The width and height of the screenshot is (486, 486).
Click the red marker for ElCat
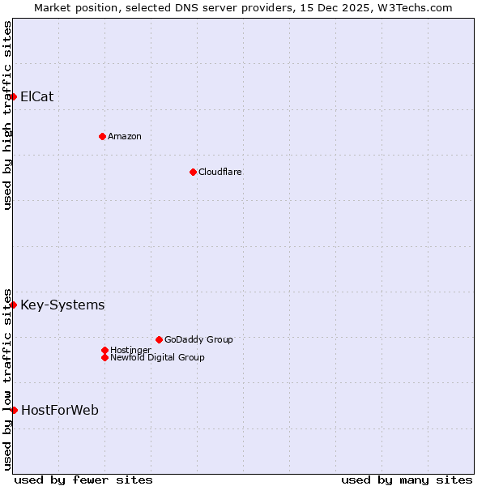13,97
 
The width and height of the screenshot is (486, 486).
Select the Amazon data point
102,136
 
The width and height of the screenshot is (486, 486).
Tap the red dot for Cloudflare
193,172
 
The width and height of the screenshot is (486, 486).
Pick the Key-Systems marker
13,305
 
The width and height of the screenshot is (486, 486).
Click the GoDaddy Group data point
159,339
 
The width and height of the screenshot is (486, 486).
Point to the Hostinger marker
104,350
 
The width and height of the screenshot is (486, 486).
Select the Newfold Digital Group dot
104,357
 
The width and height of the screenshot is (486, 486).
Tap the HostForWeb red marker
14,410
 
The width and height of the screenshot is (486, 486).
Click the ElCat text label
37,97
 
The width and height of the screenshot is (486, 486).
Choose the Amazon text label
125,136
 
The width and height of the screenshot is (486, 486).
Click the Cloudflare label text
220,172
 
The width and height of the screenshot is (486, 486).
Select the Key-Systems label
62,305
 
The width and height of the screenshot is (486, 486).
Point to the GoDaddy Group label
198,339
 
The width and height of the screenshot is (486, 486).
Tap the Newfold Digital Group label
157,357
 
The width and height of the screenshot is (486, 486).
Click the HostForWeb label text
60,411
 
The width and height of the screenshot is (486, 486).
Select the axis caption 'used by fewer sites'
83,480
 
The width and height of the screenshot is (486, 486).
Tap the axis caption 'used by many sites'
407,480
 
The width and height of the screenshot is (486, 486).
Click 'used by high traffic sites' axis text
7,115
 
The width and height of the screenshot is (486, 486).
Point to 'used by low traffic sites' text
7,379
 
